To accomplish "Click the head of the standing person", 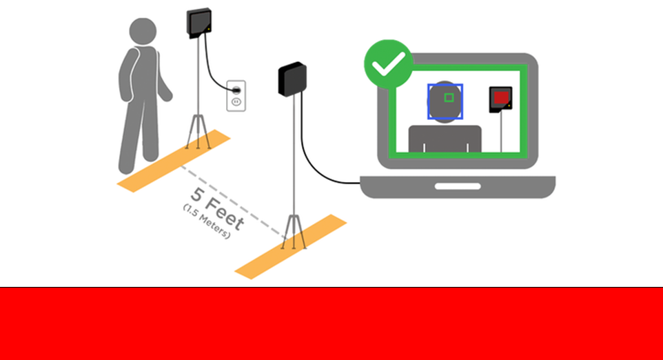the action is [143, 31].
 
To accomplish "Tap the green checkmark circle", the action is [388, 64].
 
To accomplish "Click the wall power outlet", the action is [236, 96].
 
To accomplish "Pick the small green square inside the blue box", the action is [449, 98].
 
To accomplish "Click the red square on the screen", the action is [501, 97].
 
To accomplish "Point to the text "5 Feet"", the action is [217, 208].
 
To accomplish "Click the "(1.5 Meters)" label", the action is [207, 221].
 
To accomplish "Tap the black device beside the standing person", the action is [199, 23].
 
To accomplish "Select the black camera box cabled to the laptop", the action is [292, 79].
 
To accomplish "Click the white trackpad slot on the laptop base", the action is [458, 187].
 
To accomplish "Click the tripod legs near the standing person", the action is [198, 132].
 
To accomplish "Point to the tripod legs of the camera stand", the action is [294, 232].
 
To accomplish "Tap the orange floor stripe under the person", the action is [174, 161].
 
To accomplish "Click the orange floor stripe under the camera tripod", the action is [291, 247].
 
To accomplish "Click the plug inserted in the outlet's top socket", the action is [236, 90].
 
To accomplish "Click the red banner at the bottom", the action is [331, 323].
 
